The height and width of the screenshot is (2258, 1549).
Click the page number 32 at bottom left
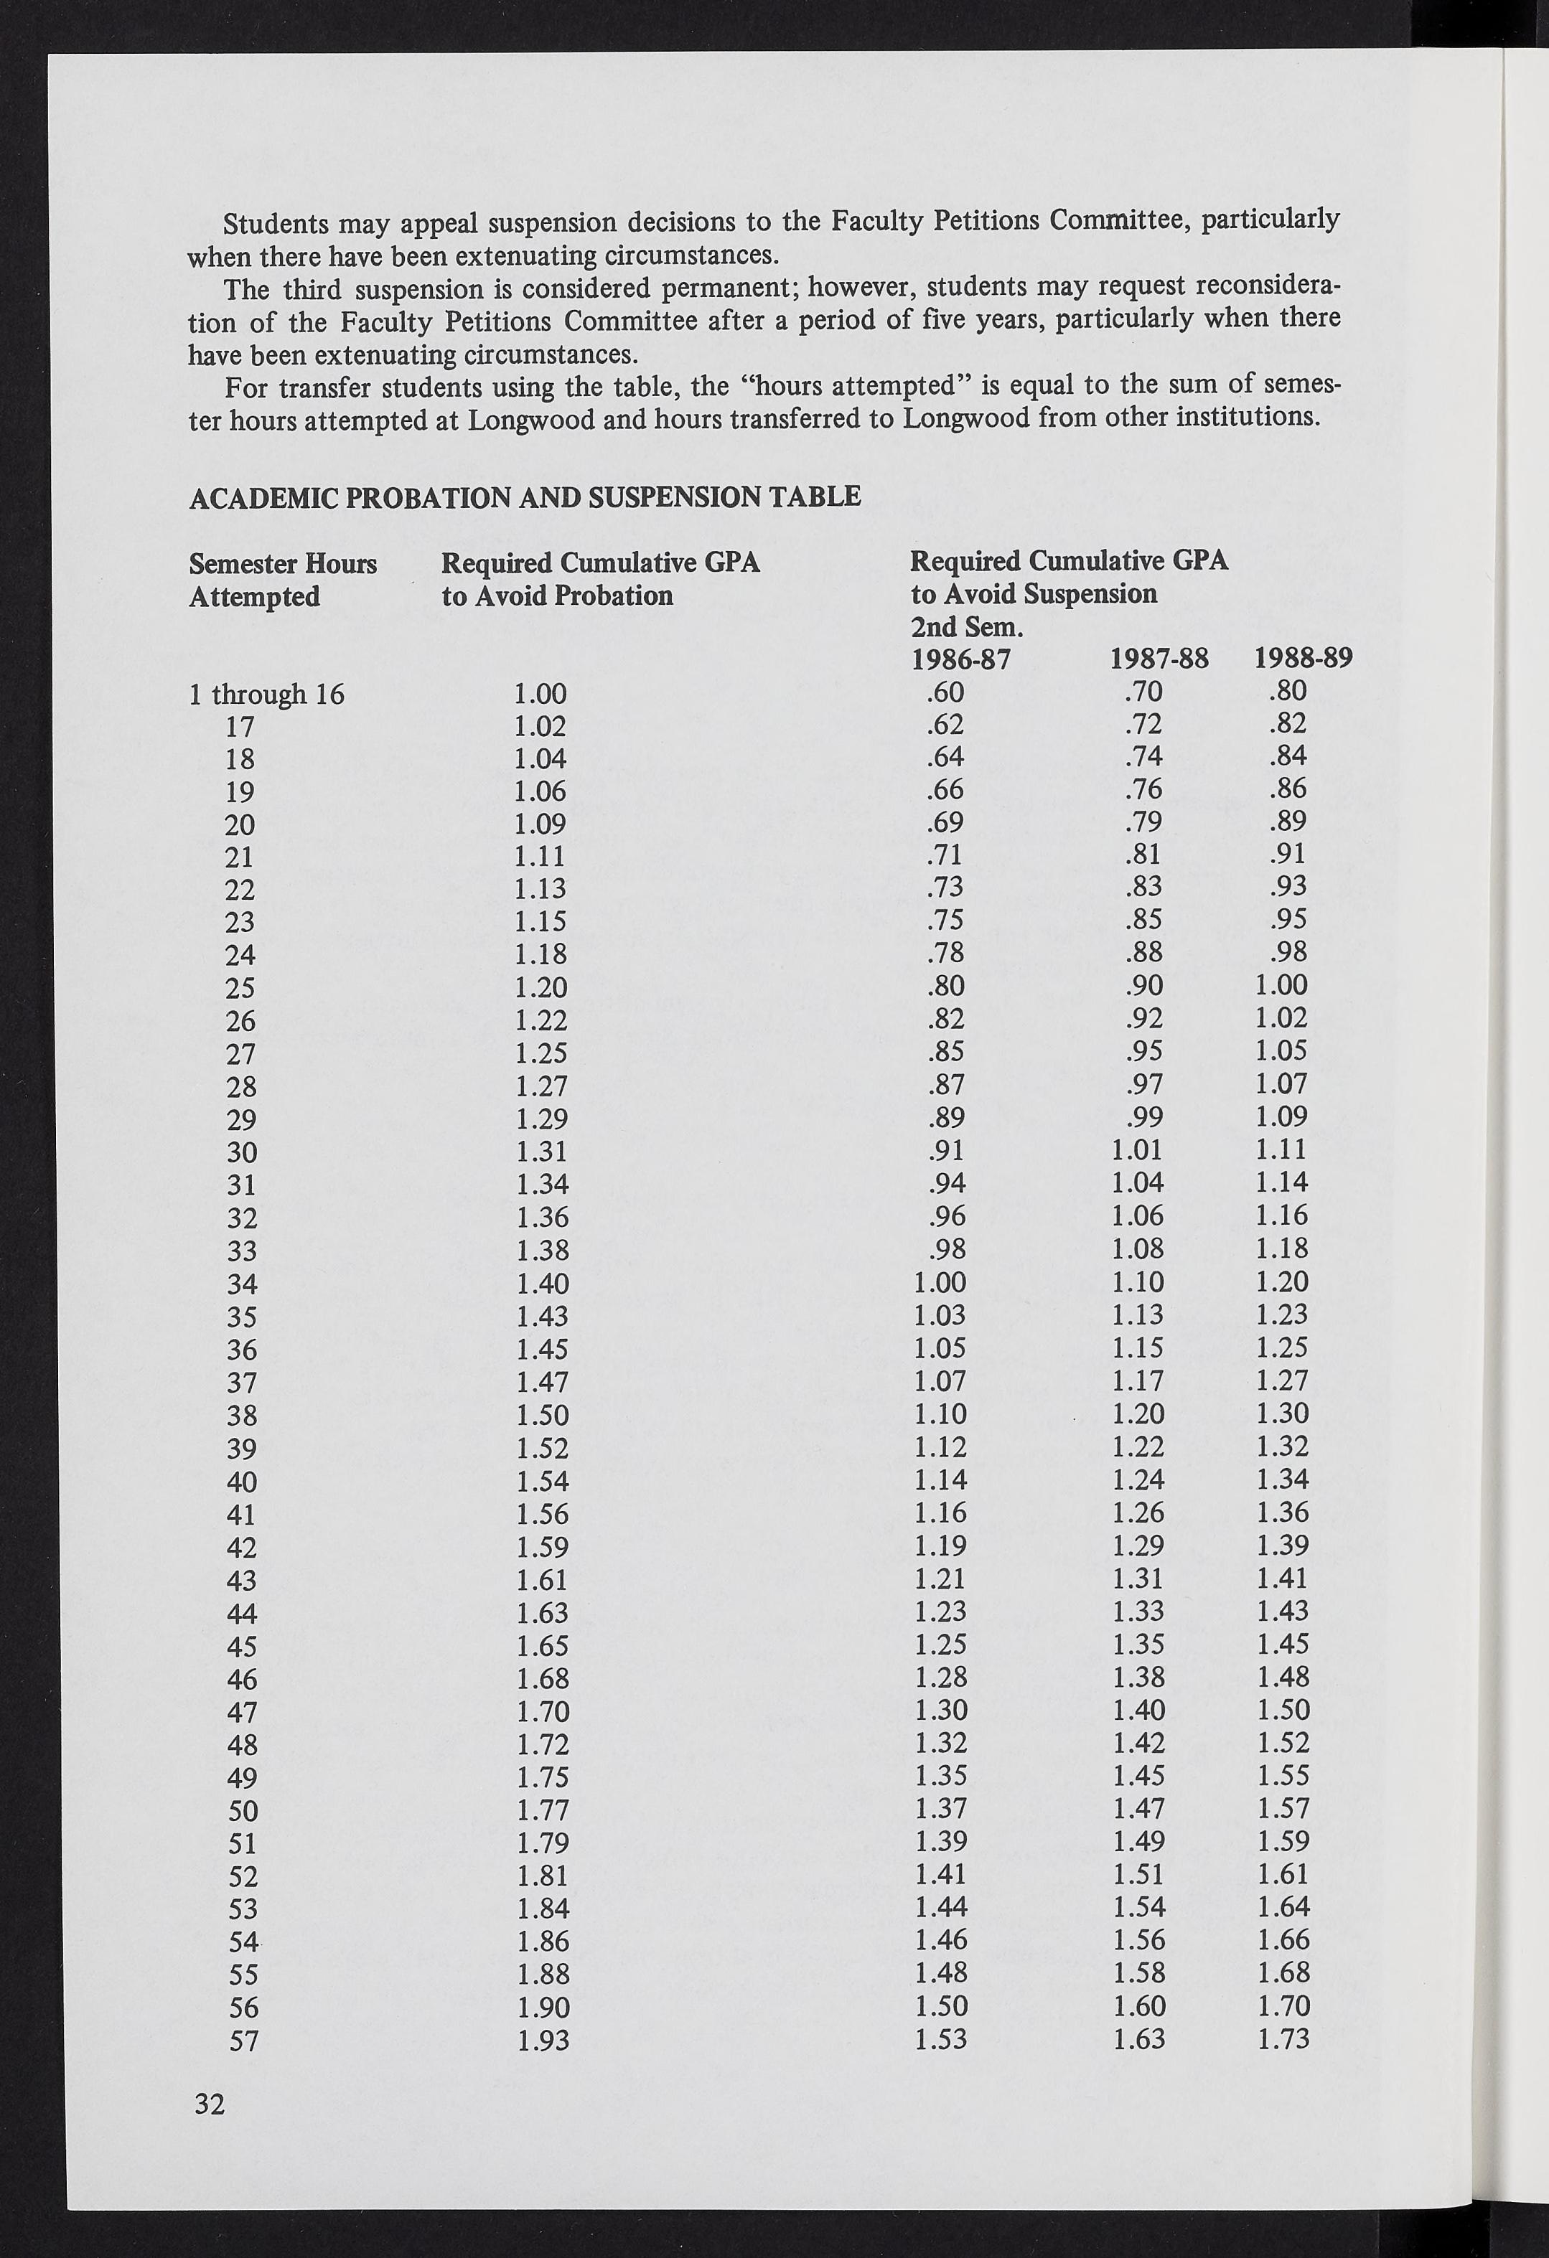point(210,2104)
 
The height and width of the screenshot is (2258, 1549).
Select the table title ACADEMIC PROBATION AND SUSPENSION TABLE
point(525,497)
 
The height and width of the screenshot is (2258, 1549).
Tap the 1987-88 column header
point(1159,659)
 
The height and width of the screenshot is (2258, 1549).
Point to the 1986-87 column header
point(961,659)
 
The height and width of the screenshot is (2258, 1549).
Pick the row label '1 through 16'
point(267,694)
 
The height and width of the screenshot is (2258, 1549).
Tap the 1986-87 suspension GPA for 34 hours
point(941,1281)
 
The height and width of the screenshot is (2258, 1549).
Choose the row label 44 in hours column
point(241,1613)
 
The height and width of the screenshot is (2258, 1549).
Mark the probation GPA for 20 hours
point(540,824)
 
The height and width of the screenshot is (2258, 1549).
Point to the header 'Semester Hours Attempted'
point(283,579)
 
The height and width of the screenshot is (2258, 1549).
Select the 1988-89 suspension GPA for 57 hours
point(1283,2039)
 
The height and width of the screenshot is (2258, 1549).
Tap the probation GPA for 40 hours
point(541,1482)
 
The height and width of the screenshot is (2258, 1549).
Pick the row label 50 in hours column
point(242,1811)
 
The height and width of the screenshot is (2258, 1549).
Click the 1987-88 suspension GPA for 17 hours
point(1143,725)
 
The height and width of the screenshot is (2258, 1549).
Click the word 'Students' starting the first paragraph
point(277,223)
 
